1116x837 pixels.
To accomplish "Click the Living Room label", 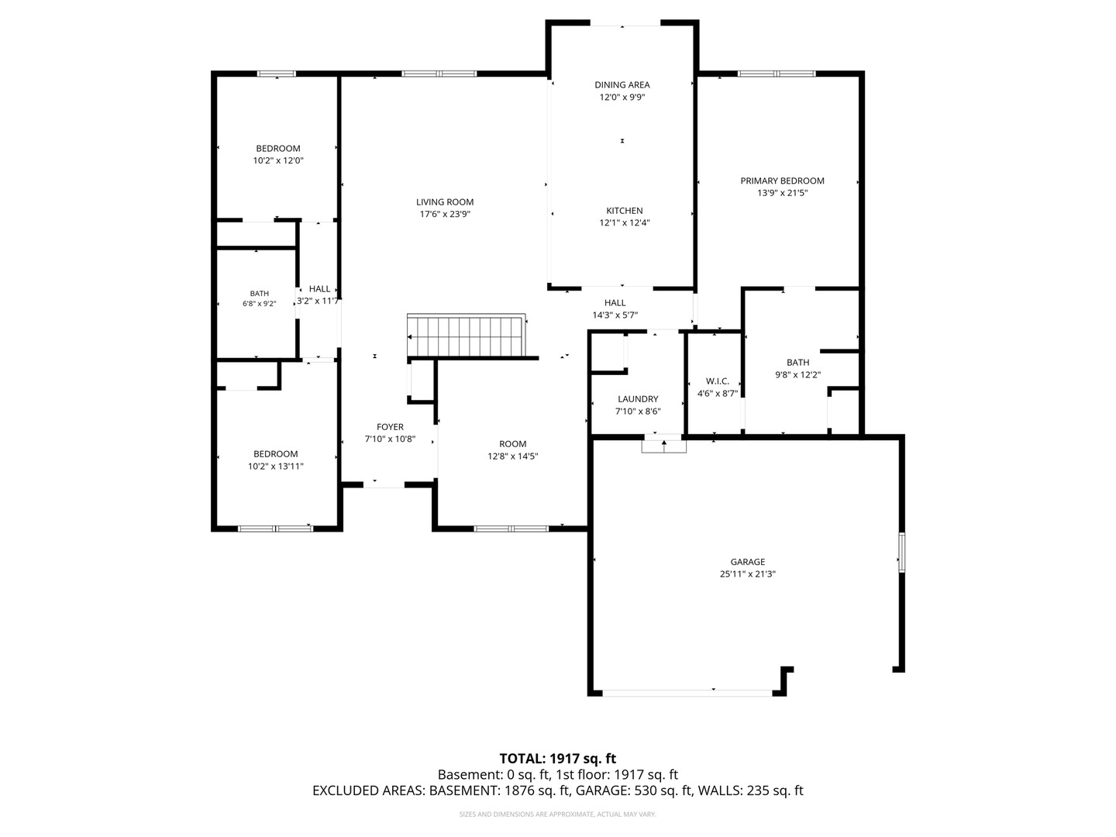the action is (444, 202).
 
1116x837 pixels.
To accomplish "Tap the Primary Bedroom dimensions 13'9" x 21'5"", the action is (782, 193).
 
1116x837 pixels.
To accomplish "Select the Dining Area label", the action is (622, 85).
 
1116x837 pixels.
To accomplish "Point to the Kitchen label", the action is (625, 210).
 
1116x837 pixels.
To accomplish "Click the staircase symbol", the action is (467, 336).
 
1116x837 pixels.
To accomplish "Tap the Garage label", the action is (747, 562).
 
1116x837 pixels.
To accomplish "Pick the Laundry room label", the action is (638, 399).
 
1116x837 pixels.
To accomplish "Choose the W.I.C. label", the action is (717, 381).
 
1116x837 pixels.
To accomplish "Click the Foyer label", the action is (390, 427).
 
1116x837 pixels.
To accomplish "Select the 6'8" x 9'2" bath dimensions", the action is (259, 304).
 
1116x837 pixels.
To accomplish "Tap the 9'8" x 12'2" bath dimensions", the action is (797, 374).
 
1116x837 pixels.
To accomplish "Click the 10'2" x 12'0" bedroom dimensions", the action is (278, 160).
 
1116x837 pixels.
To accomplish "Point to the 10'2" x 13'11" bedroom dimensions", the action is (276, 466).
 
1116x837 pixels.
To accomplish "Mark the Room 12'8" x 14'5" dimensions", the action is (512, 456).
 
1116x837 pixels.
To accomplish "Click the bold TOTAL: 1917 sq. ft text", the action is (558, 759).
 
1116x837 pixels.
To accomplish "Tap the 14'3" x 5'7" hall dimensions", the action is (615, 315).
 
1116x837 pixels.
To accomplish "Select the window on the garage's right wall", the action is (901, 552).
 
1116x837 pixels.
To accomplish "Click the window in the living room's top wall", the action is (439, 74).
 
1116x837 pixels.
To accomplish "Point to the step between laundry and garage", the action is (663, 446).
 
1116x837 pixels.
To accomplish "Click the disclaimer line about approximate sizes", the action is (558, 814).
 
